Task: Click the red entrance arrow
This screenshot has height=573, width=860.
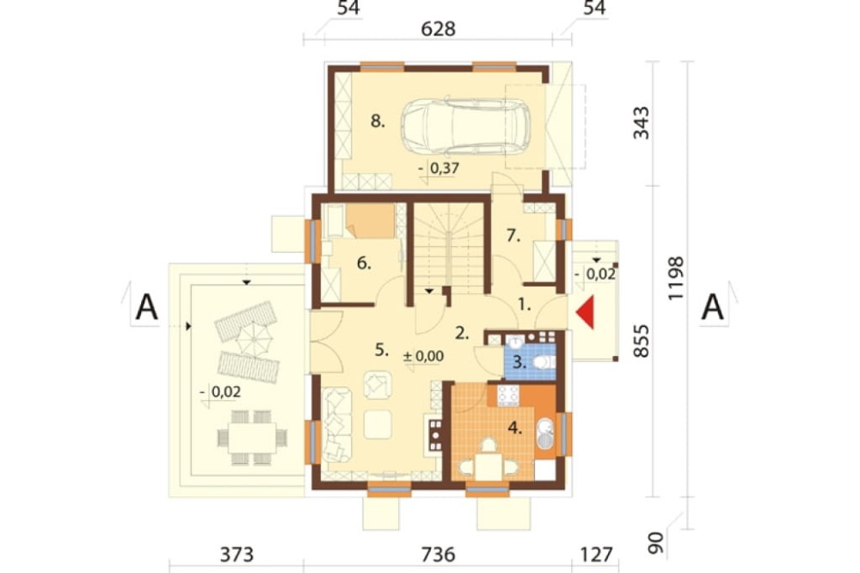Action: point(587,312)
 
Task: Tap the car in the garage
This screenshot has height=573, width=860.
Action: point(465,126)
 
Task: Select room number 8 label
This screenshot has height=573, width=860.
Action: point(378,120)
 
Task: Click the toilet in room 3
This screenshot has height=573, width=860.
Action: point(544,361)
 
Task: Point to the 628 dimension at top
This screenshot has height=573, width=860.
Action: point(439,28)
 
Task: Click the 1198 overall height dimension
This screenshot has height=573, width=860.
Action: point(676,278)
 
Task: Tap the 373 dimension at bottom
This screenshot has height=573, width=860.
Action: point(237,554)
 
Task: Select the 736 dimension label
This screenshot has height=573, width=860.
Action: point(439,554)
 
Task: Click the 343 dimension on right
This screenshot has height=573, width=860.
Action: point(641,123)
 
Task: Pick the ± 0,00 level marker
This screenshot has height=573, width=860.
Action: point(423,355)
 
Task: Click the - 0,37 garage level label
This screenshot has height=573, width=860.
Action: point(439,168)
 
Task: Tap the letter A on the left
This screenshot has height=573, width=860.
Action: point(146,307)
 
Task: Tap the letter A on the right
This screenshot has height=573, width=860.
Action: point(712,307)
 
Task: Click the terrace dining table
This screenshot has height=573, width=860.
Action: point(252,437)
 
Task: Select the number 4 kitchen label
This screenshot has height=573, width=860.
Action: point(514,428)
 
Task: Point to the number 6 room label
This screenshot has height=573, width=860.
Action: point(364,263)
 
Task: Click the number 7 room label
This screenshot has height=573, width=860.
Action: point(513,236)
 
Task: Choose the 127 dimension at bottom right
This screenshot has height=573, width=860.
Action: point(596,554)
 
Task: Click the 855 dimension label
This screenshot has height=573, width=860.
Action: point(641,341)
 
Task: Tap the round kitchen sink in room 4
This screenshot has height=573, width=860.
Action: point(546,428)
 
